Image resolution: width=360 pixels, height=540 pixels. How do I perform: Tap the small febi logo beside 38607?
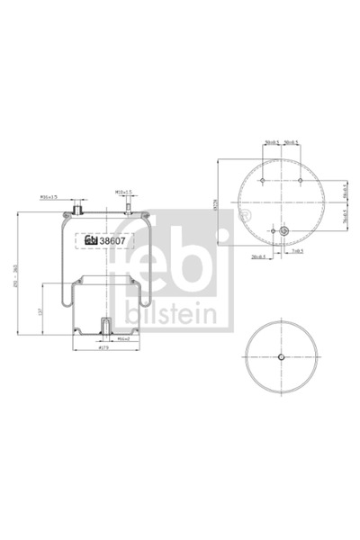[91, 240]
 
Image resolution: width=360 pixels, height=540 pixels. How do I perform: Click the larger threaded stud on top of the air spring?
[77, 210]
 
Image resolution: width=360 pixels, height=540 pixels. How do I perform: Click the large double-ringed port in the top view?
[284, 234]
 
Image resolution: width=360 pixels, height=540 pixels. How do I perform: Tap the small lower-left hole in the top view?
[271, 234]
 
